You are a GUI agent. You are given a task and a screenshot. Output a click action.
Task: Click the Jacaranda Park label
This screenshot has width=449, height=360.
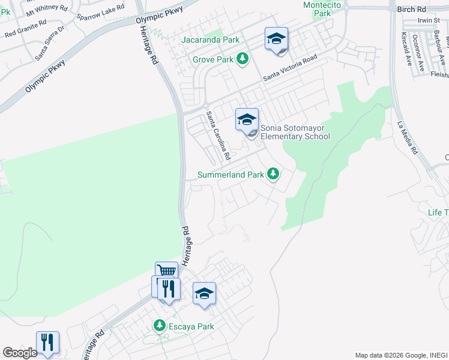(211, 40)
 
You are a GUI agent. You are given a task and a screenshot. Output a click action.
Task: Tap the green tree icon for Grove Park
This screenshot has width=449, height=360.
(243, 59)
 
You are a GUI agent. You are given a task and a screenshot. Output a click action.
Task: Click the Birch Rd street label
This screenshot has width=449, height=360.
(411, 10)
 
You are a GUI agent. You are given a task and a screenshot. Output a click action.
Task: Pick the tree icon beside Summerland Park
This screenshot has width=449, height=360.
(273, 174)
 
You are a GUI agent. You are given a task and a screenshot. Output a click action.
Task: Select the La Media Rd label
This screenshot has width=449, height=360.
(406, 139)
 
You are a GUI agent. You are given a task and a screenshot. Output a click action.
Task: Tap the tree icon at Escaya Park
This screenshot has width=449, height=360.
(159, 326)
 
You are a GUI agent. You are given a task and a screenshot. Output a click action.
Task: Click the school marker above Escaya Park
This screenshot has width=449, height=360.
(204, 293)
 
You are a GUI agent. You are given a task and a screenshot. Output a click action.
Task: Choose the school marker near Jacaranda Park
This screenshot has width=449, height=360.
(276, 40)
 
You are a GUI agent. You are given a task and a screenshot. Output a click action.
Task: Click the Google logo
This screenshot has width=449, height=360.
(20, 353)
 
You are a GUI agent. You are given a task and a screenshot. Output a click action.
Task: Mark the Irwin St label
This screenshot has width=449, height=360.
(429, 20)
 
